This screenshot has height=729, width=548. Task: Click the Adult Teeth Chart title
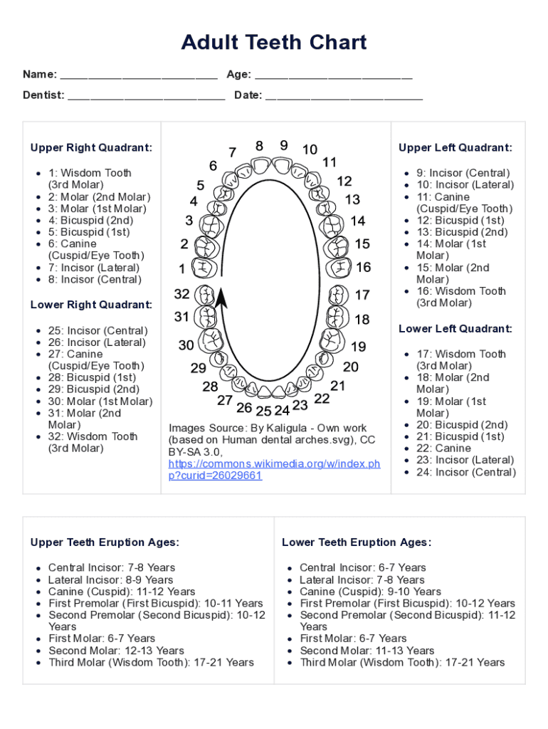pyautogui.click(x=274, y=43)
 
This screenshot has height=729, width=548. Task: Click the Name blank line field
pyautogui.click(x=139, y=75)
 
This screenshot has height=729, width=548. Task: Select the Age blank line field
pyautogui.click(x=333, y=75)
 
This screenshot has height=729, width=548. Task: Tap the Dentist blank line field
pyautogui.click(x=146, y=96)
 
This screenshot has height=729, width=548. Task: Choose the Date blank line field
pyautogui.click(x=344, y=96)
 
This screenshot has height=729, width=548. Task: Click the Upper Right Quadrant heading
pyautogui.click(x=91, y=148)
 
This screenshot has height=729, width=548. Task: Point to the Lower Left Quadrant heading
pyautogui.click(x=455, y=329)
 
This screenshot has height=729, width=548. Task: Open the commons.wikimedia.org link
pyautogui.click(x=274, y=470)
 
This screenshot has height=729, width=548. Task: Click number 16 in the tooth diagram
pyautogui.click(x=363, y=268)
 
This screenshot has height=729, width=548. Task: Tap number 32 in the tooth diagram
pyautogui.click(x=182, y=294)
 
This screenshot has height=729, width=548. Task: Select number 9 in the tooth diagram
pyautogui.click(x=283, y=145)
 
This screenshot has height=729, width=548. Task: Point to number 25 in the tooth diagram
pyautogui.click(x=263, y=411)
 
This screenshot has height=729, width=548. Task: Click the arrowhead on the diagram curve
pyautogui.click(x=222, y=298)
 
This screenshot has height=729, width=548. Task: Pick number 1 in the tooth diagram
pyautogui.click(x=182, y=269)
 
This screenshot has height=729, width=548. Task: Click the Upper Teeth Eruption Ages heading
pyautogui.click(x=105, y=542)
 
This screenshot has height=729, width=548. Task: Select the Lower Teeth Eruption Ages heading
pyautogui.click(x=357, y=542)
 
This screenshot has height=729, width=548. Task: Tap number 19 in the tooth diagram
pyautogui.click(x=359, y=347)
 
